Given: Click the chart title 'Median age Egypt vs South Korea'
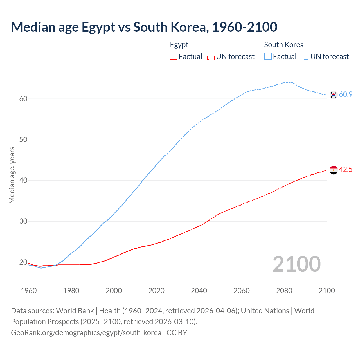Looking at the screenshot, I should (x=144, y=27).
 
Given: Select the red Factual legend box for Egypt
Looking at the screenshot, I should (x=174, y=56).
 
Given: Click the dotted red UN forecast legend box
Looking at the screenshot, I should (x=211, y=56).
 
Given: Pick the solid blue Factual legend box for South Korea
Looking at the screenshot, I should (x=268, y=56).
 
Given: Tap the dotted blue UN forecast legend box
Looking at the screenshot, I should (x=305, y=56).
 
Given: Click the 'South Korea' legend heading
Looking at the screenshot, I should (x=284, y=45).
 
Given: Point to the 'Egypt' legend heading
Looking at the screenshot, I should (x=179, y=45).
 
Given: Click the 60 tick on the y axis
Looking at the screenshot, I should (x=23, y=99).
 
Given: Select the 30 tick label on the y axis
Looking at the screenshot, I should (x=23, y=221).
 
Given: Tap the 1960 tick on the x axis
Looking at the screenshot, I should (x=29, y=291).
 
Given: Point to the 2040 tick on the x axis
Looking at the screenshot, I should (x=199, y=291).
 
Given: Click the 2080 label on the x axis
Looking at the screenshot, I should (x=284, y=291).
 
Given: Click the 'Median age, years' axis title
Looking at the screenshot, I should (x=12, y=175).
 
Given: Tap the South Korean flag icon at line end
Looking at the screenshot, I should (x=334, y=95).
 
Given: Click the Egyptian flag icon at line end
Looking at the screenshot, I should (x=334, y=170).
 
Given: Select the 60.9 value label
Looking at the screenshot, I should (x=346, y=94).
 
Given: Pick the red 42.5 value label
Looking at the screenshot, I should (x=346, y=170).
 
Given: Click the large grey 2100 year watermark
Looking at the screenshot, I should (x=296, y=264).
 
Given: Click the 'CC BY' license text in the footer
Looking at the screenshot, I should (x=177, y=333).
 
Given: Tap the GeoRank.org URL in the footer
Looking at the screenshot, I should (x=86, y=333).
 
